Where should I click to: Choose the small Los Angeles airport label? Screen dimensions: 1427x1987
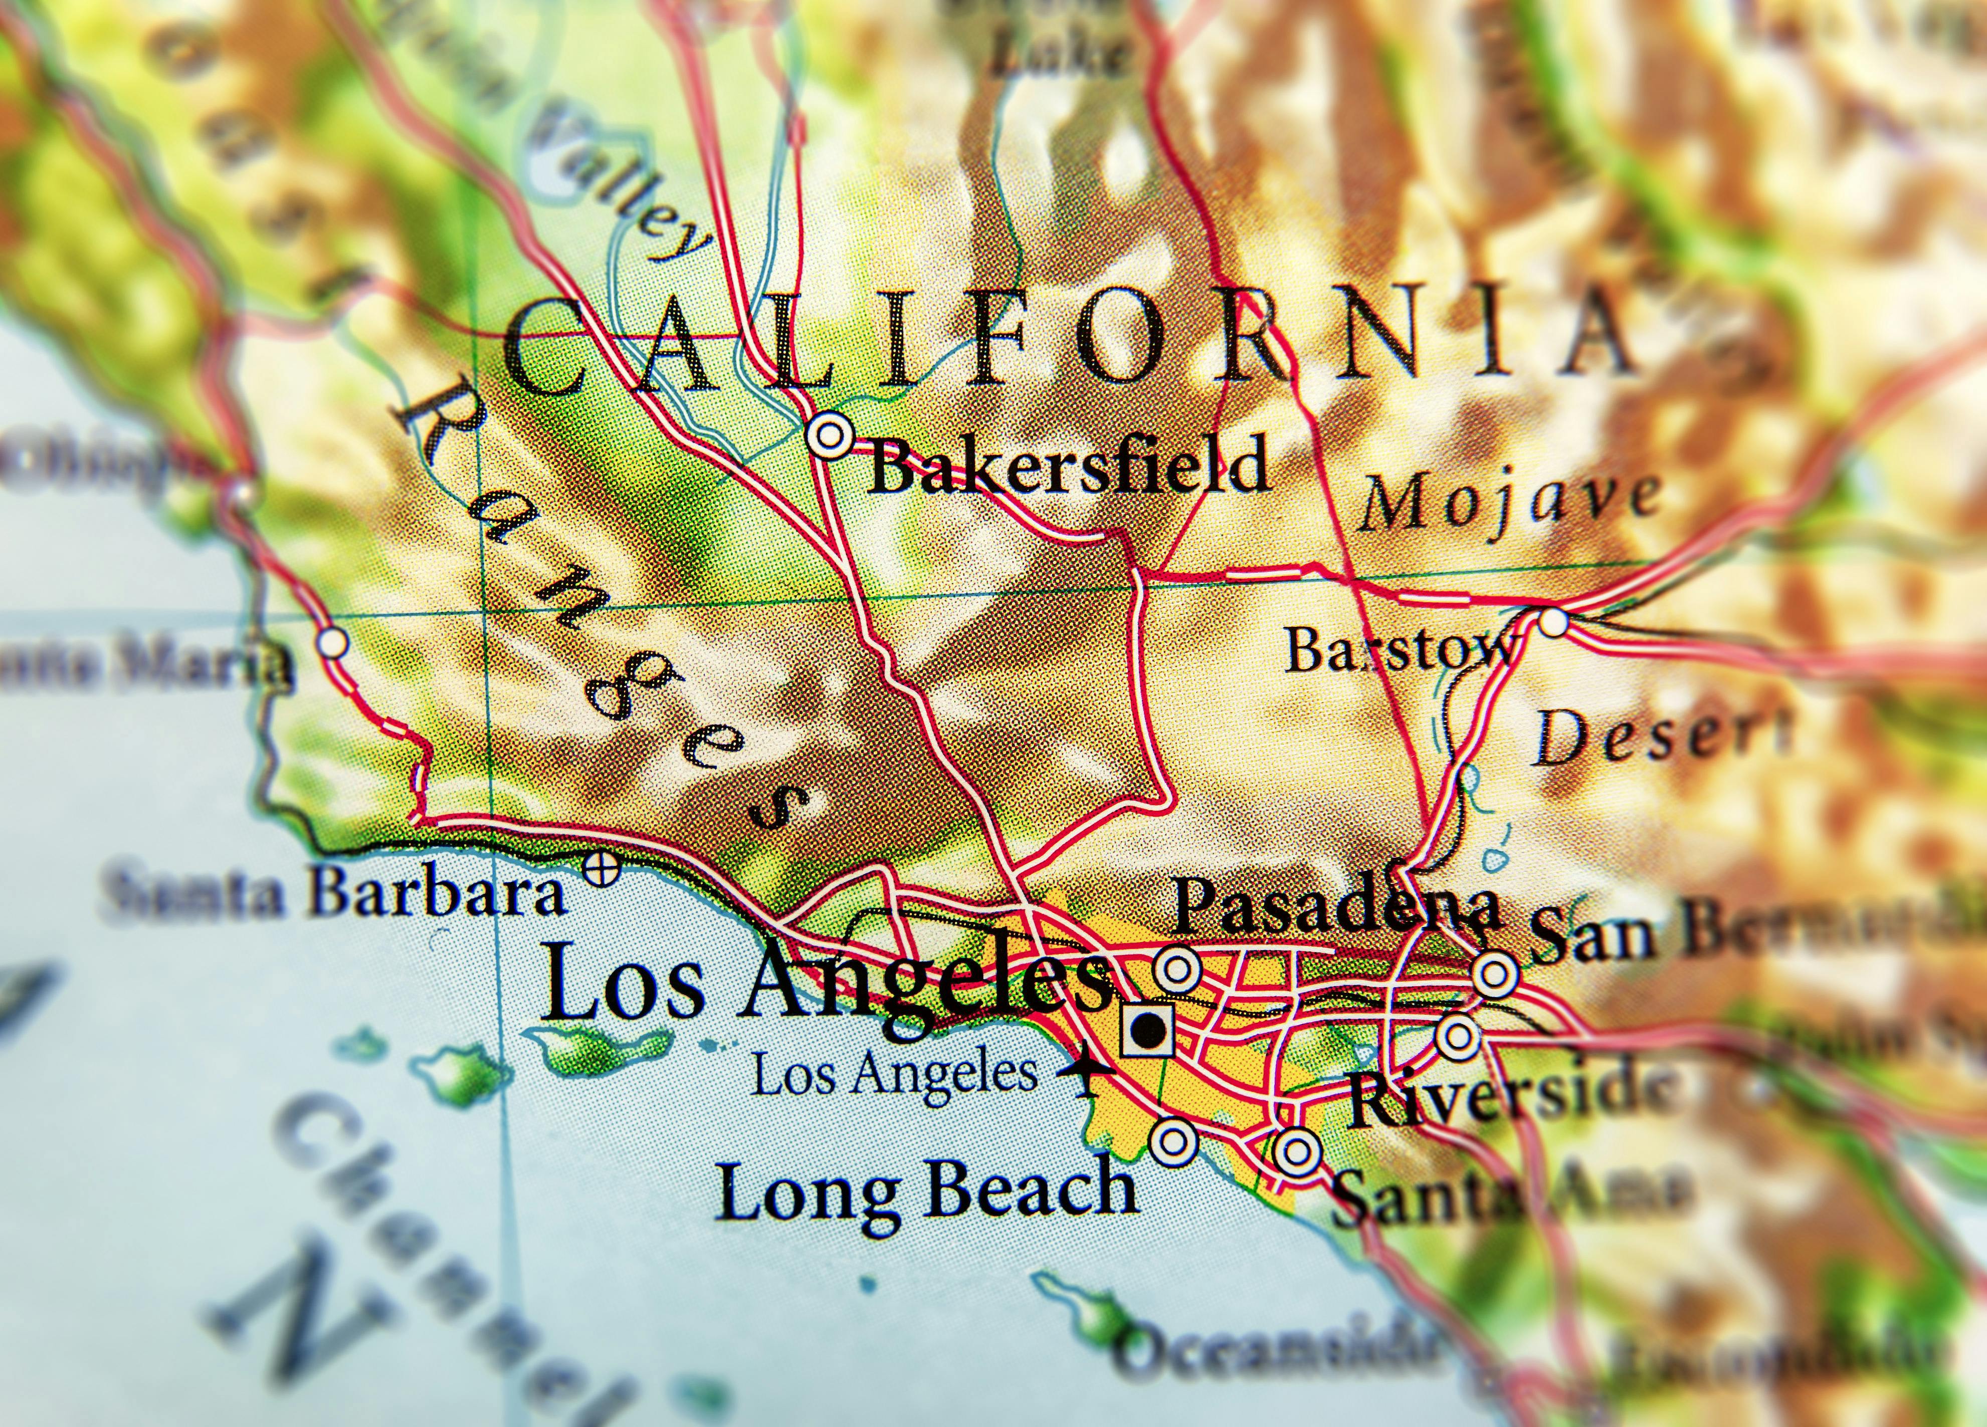tap(894, 1073)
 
